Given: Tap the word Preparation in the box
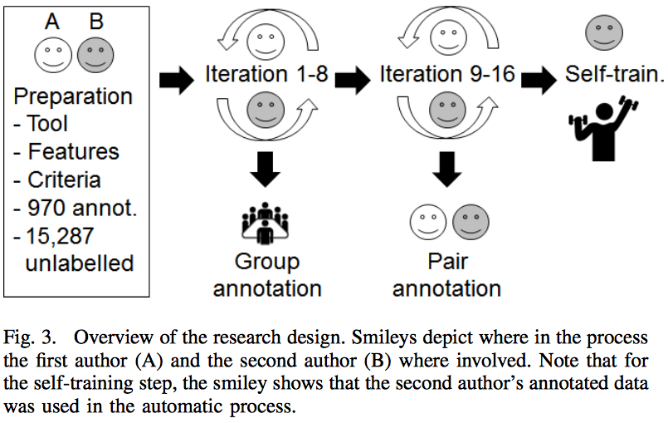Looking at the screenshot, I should (73, 96).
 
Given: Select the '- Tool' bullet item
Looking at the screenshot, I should (41, 124).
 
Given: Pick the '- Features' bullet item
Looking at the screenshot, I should (66, 152).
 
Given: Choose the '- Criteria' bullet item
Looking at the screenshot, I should (57, 180).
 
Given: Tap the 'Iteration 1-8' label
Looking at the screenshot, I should (266, 76).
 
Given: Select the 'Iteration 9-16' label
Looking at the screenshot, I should (447, 76).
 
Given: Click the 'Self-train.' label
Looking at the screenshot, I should (615, 74).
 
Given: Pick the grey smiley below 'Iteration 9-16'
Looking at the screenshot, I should (446, 110).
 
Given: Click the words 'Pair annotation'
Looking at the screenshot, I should (446, 274).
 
